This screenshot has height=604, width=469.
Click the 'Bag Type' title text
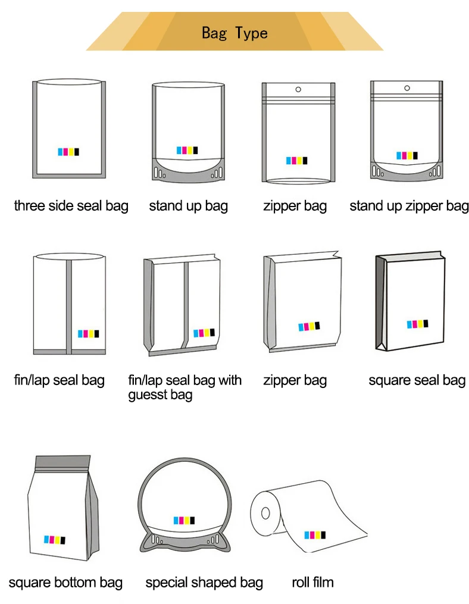coord(234,32)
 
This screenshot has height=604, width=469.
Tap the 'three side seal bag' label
coord(71,206)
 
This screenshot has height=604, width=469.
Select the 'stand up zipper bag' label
coord(409,206)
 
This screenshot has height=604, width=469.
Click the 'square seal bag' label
coord(417,380)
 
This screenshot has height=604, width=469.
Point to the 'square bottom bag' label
coord(65,582)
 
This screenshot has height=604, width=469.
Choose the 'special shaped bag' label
coord(204,582)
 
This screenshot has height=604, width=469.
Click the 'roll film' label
coord(312,582)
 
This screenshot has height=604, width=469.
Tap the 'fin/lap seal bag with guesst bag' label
coord(185,387)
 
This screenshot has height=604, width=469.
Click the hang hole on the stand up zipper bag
coord(408,89)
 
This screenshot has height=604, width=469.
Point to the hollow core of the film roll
coord(266,512)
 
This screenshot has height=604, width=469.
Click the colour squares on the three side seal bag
coord(68,152)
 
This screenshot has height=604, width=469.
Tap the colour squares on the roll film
coord(315,534)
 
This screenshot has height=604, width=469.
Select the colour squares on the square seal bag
coord(417,324)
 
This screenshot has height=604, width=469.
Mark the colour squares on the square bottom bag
coord(54,540)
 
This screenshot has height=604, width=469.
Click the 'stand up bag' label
coord(188,206)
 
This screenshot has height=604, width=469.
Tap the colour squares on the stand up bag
coord(187,150)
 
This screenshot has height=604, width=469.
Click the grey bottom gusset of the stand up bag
coord(188,169)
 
